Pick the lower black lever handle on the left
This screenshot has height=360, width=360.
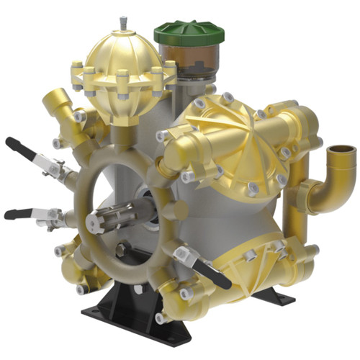(19, 213)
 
